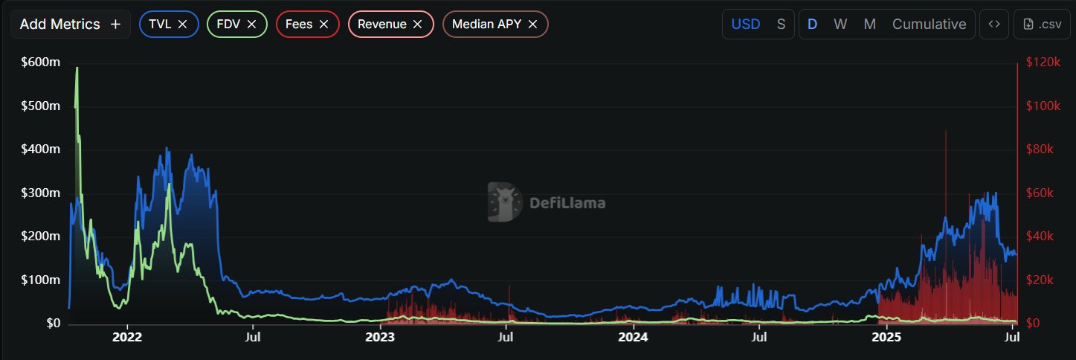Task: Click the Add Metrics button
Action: pyautogui.click(x=70, y=25)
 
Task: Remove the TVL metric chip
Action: pyautogui.click(x=183, y=25)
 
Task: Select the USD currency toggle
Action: pyautogui.click(x=746, y=24)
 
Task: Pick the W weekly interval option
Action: pyautogui.click(x=840, y=24)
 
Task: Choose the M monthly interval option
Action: pyautogui.click(x=869, y=24)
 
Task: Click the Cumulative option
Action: pyautogui.click(x=929, y=24)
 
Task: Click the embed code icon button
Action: pyautogui.click(x=994, y=24)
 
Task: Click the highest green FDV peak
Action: pyautogui.click(x=77, y=68)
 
